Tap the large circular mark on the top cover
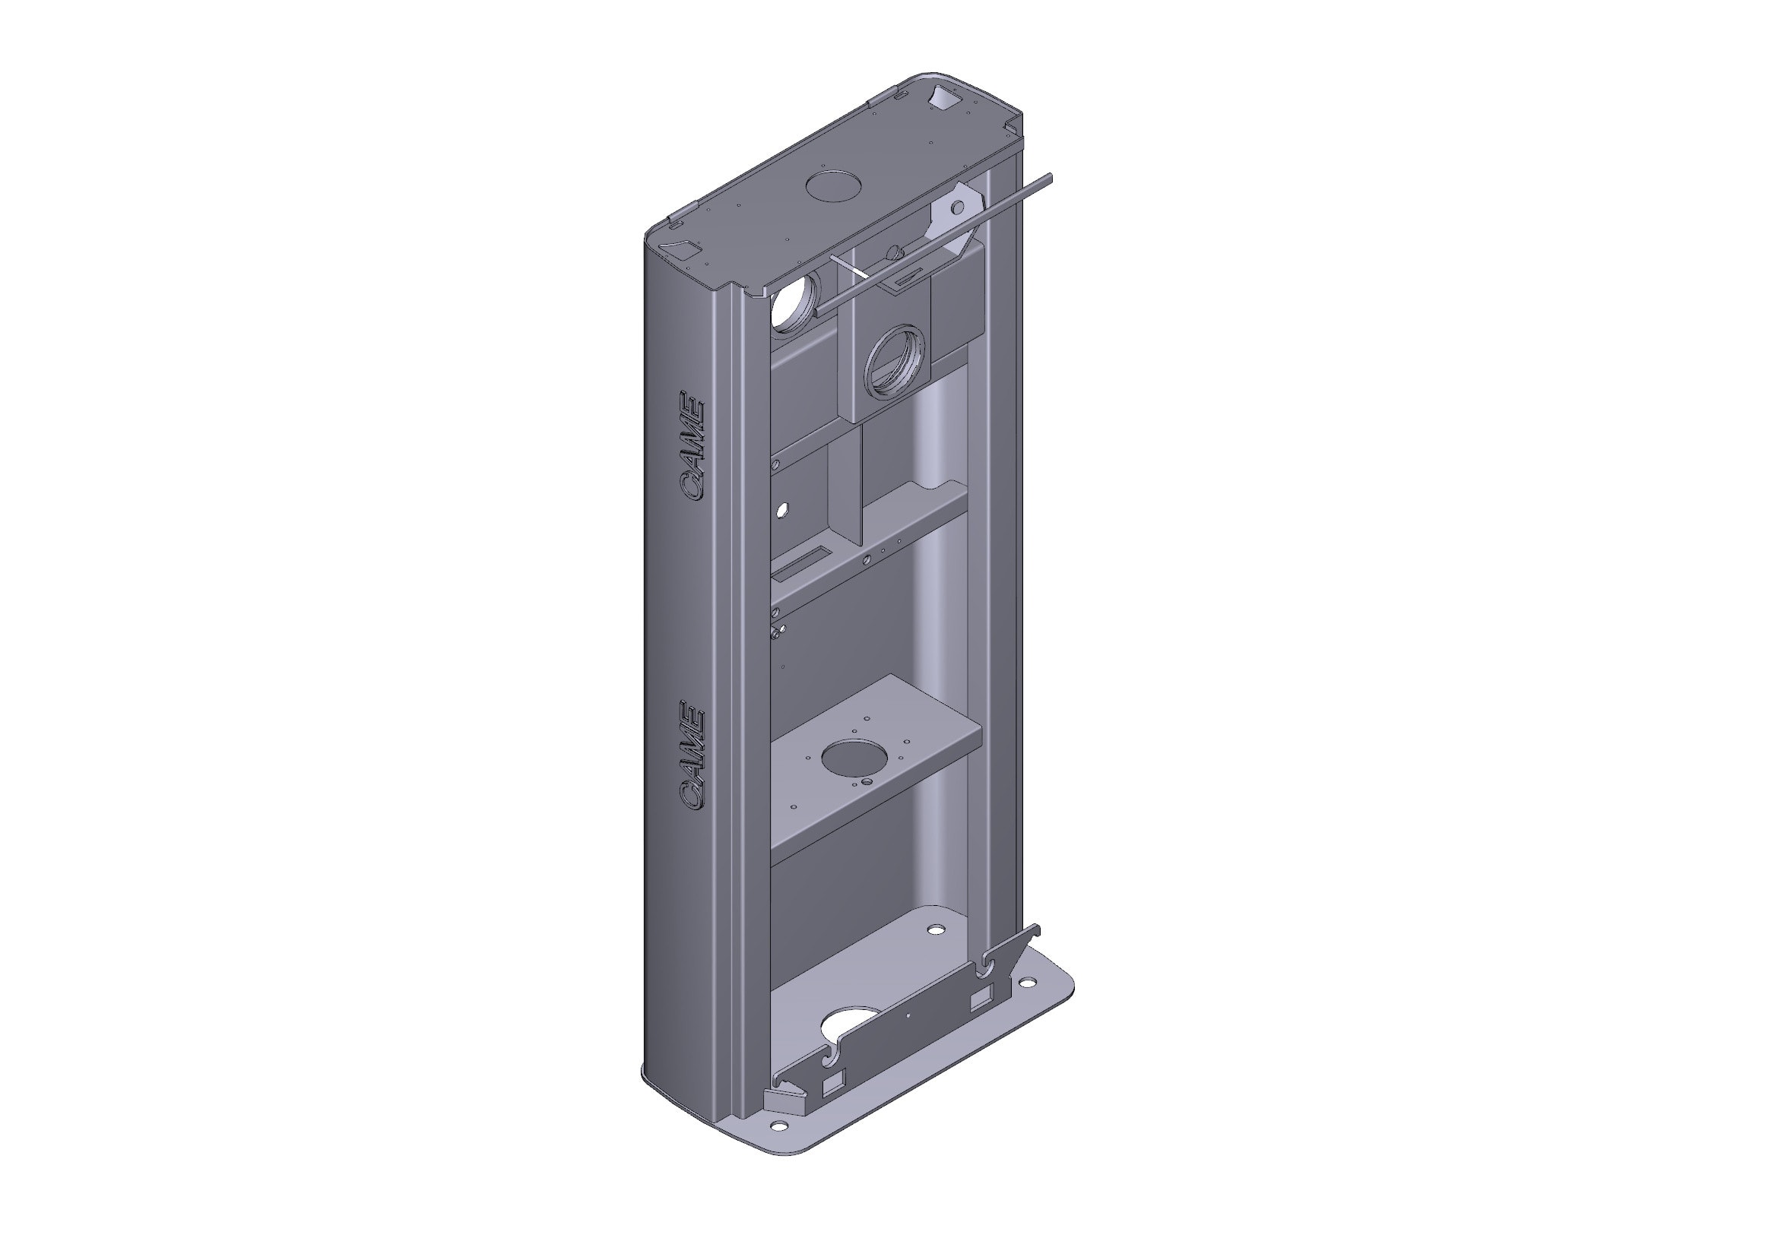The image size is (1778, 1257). (x=833, y=186)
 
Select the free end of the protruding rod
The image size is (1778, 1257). (x=1048, y=178)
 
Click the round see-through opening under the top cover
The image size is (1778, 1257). (x=790, y=308)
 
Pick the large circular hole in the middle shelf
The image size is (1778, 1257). (x=851, y=759)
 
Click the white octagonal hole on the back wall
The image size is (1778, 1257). (x=782, y=510)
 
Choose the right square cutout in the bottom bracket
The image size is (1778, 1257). (x=980, y=1000)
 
